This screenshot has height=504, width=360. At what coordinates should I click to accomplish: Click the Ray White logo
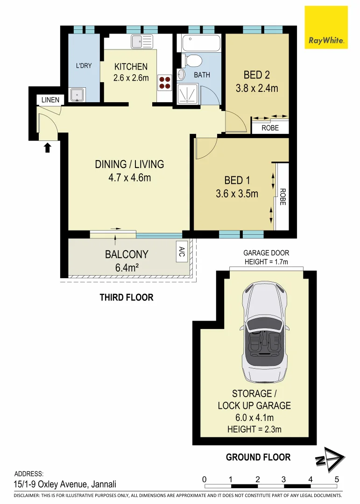326,27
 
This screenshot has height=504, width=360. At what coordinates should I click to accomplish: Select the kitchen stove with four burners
164,83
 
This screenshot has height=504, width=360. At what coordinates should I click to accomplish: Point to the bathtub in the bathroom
201,44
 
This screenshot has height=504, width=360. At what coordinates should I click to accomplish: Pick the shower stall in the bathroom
189,93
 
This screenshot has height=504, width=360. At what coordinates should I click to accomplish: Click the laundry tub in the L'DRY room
76,95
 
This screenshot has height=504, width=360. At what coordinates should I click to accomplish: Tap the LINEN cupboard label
50,100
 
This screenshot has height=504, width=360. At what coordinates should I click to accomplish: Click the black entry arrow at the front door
47,148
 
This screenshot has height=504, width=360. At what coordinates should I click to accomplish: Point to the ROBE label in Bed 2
270,127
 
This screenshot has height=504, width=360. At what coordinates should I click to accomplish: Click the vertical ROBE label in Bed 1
282,197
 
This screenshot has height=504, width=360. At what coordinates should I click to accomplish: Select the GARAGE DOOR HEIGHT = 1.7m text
266,258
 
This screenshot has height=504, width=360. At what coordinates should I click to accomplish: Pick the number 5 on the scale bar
336,479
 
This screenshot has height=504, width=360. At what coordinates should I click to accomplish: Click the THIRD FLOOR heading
126,297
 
